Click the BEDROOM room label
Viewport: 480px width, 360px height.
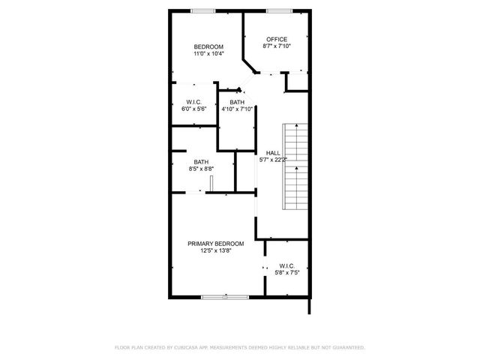[208, 47]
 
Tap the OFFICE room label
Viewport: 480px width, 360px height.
[277, 39]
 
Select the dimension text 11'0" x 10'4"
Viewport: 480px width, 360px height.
[208, 54]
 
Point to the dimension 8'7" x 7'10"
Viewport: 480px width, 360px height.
[277, 46]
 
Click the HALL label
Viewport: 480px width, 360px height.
[273, 153]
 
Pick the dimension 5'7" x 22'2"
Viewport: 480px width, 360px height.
[273, 160]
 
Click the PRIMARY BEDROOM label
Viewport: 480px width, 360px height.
[216, 244]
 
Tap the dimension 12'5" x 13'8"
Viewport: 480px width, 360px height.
[216, 251]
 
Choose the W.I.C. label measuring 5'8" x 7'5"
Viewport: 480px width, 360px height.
[286, 265]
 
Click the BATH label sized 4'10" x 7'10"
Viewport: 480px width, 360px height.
[237, 102]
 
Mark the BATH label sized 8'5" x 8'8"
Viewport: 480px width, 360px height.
[201, 162]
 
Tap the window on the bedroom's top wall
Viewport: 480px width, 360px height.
[202, 10]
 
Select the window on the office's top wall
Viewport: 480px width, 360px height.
[279, 10]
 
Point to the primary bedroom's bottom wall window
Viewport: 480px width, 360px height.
[224, 297]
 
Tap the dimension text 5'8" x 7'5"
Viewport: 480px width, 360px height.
[286, 273]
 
